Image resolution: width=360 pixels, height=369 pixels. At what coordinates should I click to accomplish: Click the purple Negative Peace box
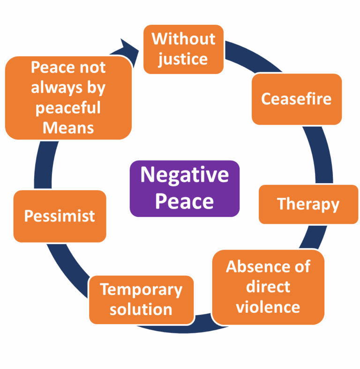tap(184, 188)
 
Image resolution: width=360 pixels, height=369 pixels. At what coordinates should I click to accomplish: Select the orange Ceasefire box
tap(296, 99)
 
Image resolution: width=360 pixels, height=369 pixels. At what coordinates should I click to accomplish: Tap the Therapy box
tap(308, 204)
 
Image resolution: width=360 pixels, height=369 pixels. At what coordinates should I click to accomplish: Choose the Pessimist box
tap(60, 216)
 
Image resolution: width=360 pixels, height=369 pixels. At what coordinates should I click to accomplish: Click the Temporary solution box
tap(141, 299)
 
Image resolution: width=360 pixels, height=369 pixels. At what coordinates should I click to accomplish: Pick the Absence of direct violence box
tap(268, 287)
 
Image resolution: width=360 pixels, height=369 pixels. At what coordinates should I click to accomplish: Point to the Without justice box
tap(183, 49)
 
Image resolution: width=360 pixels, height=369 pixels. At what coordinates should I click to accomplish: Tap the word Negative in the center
tap(184, 175)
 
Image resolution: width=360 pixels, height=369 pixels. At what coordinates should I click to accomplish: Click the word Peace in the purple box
tap(184, 201)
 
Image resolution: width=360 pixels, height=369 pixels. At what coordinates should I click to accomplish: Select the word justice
tap(183, 59)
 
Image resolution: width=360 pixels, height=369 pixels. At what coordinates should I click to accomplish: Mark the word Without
tap(183, 38)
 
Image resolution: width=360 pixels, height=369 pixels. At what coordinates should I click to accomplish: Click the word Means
tap(68, 127)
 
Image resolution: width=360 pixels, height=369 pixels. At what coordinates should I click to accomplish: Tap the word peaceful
tap(68, 108)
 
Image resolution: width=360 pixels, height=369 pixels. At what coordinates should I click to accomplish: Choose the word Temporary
tap(141, 289)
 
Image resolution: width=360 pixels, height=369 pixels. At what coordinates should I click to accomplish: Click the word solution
tap(141, 310)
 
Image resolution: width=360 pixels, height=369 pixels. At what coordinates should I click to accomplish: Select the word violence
tap(268, 307)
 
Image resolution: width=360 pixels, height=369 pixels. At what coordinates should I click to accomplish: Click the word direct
tap(268, 287)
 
